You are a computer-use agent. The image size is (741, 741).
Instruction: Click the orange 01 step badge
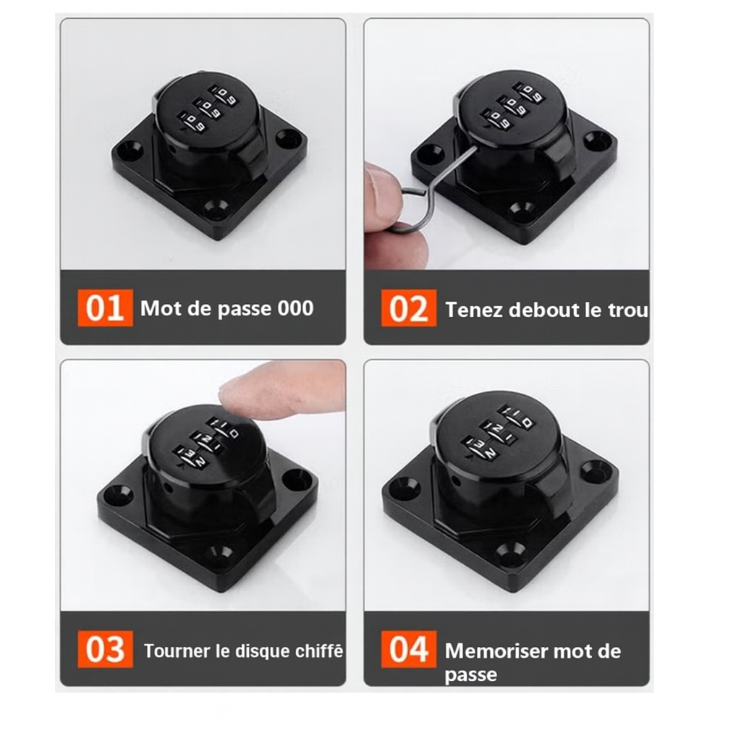105,308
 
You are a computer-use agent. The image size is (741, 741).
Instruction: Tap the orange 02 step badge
409,308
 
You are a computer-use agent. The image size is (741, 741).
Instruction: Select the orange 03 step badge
105,649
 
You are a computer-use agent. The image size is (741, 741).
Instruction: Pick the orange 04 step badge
409,649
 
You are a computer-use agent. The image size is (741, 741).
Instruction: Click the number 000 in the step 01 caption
295,308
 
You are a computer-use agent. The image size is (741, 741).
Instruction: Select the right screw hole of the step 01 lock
288,138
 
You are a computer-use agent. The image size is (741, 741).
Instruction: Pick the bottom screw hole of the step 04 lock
511,550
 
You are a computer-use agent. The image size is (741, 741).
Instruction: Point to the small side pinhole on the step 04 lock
456,481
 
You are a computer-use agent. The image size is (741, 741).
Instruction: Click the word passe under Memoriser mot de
470,675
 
